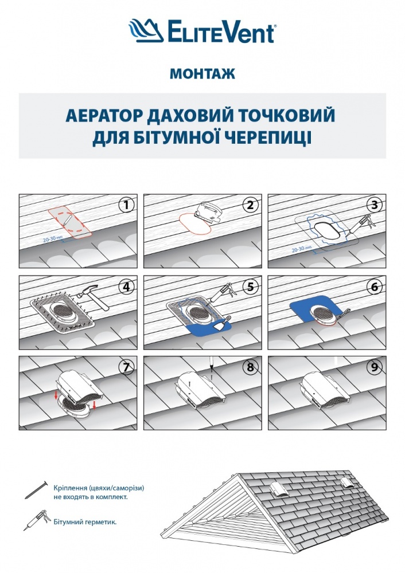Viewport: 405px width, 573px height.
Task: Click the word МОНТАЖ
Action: point(202,73)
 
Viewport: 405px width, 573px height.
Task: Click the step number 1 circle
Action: point(126,205)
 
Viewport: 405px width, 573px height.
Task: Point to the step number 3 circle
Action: point(375,205)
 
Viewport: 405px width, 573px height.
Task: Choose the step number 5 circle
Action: point(250,286)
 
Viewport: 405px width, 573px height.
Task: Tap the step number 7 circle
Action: point(126,367)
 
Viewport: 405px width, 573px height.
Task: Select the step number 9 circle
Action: point(375,367)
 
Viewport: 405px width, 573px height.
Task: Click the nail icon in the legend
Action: point(36,490)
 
